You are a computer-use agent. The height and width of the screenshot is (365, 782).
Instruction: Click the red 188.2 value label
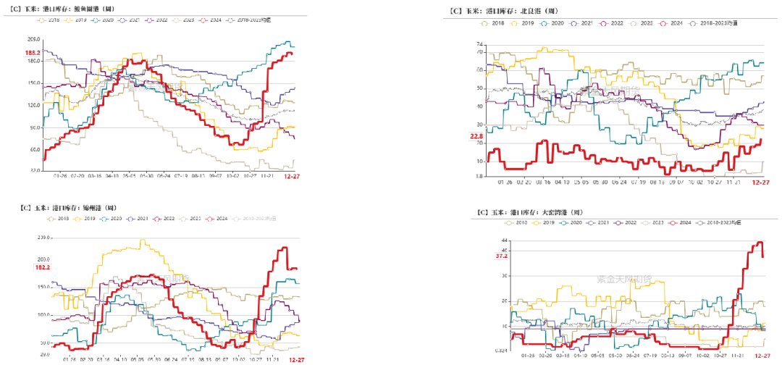32,53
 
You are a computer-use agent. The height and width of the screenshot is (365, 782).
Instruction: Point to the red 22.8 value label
475,136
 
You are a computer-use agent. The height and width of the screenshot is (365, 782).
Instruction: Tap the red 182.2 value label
43,268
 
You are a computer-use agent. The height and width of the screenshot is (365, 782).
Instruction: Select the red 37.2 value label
500,256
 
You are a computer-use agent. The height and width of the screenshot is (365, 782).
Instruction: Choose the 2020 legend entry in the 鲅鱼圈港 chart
104,20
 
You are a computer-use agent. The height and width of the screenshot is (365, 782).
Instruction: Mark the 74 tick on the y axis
479,44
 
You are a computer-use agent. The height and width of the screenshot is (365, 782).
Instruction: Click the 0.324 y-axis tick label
500,351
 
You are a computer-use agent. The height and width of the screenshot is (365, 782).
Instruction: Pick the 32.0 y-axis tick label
33,170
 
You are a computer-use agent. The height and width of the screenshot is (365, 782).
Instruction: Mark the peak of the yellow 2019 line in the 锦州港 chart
142,240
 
